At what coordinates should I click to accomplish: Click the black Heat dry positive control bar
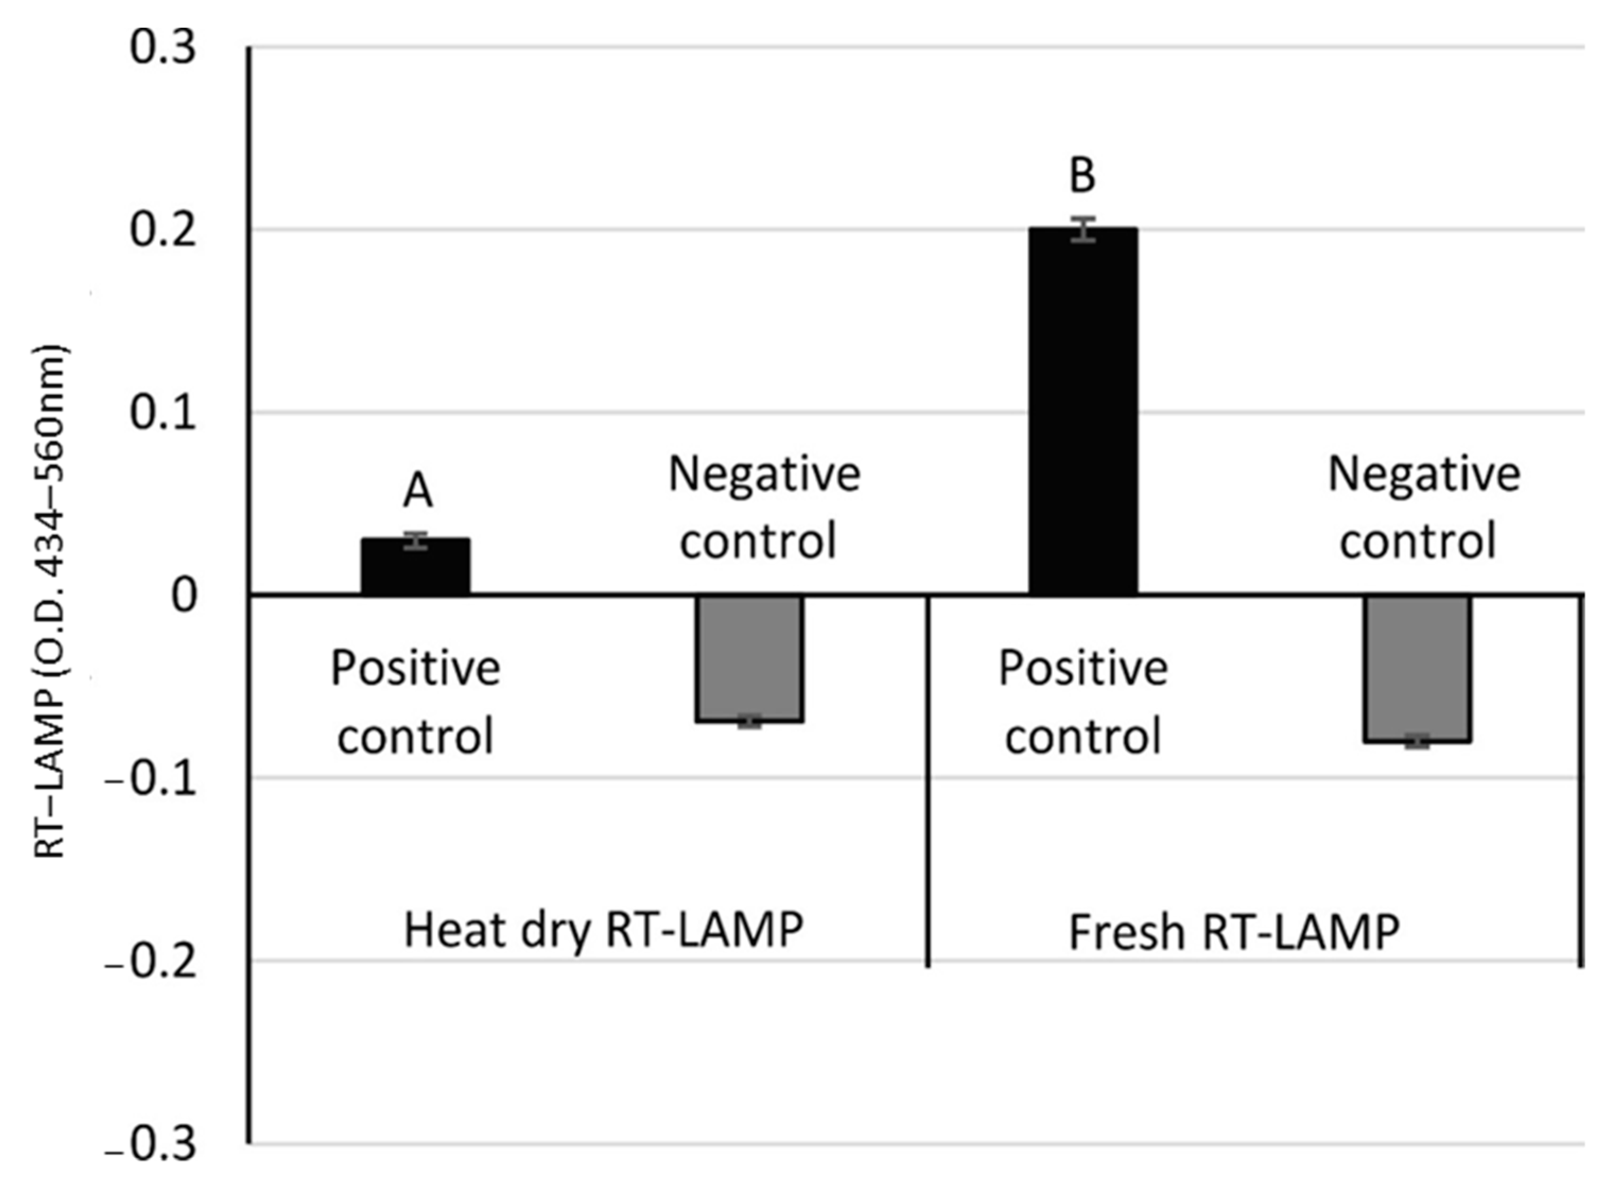pyautogui.click(x=415, y=567)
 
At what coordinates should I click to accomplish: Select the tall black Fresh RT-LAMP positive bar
pyautogui.click(x=1083, y=412)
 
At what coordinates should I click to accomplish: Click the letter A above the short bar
pyautogui.click(x=418, y=491)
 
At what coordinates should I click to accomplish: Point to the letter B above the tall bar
pyautogui.click(x=1082, y=176)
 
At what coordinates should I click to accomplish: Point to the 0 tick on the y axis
pyautogui.click(x=184, y=596)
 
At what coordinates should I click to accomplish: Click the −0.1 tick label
pyautogui.click(x=151, y=779)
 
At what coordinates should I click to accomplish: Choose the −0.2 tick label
pyautogui.click(x=151, y=962)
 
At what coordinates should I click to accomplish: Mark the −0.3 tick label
pyautogui.click(x=151, y=1144)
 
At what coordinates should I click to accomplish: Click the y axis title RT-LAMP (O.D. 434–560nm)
pyautogui.click(x=51, y=602)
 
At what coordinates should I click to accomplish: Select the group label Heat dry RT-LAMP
pyautogui.click(x=603, y=930)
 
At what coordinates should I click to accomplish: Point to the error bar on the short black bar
pyautogui.click(x=415, y=541)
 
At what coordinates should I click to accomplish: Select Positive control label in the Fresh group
pyautogui.click(x=1083, y=701)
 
